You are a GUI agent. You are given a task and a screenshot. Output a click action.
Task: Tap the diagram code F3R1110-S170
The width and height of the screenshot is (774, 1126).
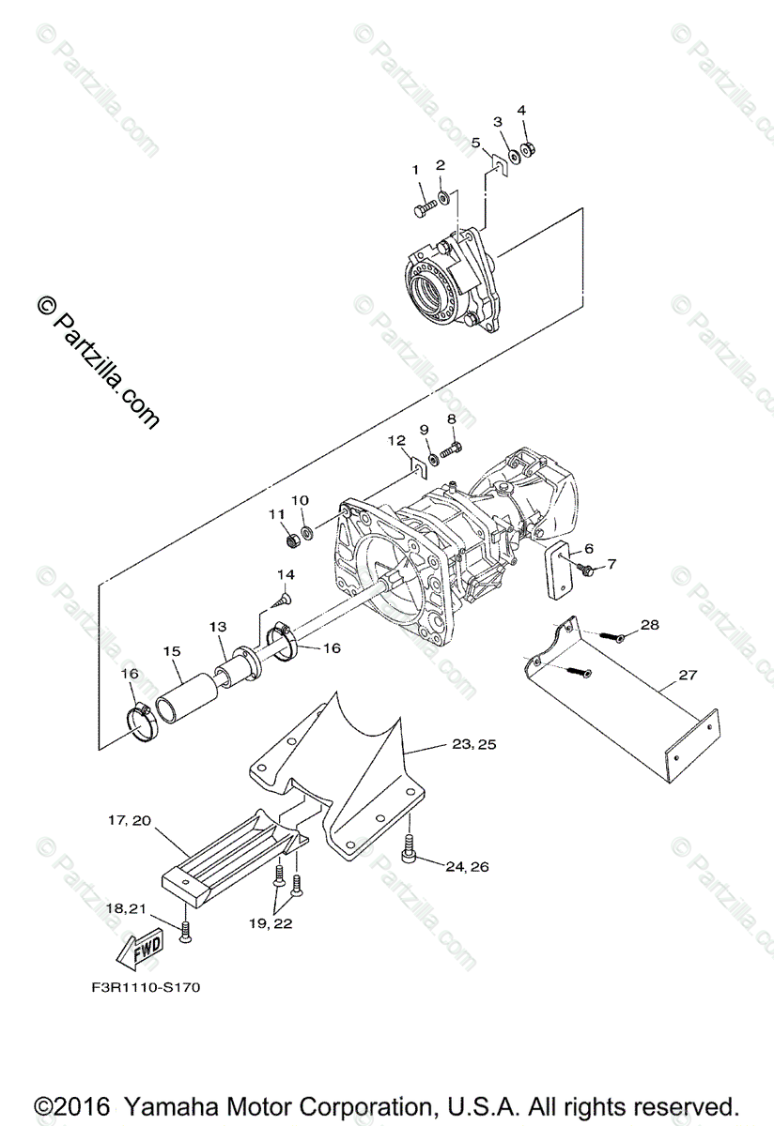(146, 988)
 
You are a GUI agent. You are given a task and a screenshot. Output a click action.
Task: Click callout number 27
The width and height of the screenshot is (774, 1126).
(688, 675)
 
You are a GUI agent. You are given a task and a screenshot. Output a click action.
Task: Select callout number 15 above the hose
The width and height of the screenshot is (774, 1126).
(172, 651)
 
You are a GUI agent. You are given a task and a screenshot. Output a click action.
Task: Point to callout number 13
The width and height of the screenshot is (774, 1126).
(218, 627)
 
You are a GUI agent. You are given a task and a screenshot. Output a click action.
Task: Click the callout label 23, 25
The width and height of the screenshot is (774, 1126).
(474, 744)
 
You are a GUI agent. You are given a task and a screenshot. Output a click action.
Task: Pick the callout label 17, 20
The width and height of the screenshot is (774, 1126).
(130, 820)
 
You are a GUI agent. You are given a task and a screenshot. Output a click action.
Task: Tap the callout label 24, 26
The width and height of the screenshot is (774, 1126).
(467, 867)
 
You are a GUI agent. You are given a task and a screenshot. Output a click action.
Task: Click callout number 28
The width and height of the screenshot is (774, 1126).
(650, 624)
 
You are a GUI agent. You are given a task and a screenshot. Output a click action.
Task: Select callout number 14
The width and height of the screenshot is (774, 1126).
(286, 574)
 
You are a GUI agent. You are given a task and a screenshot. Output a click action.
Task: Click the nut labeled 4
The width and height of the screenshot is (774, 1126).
(528, 149)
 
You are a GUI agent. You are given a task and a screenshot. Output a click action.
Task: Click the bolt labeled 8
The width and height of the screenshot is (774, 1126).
(451, 450)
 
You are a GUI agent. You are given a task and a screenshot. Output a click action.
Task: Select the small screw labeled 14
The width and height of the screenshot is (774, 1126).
(284, 600)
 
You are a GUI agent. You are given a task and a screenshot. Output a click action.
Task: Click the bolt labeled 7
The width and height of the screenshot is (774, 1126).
(586, 570)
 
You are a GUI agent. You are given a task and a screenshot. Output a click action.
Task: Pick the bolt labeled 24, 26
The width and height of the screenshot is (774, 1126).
(409, 850)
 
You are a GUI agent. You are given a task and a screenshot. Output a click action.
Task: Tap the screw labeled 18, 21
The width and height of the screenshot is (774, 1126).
(186, 934)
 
